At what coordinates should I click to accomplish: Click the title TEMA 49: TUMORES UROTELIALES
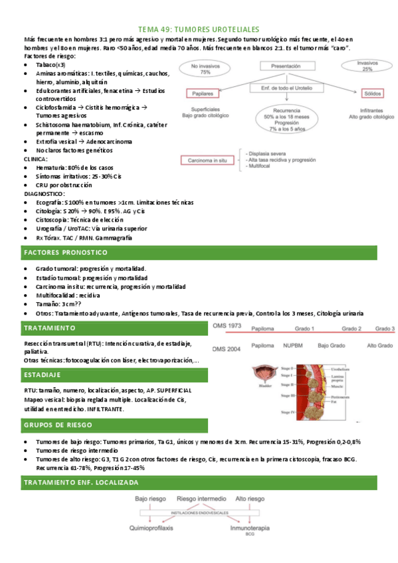199,29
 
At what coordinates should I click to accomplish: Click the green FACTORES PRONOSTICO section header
65,253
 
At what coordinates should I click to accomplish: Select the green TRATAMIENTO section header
50,328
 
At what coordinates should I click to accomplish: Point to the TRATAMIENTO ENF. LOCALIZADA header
81,481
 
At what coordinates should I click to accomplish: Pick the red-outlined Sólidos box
369,94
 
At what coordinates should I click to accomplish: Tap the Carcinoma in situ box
209,160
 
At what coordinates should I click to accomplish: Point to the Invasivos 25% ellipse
367,65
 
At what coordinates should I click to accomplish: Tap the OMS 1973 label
226,326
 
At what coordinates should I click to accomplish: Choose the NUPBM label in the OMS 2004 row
292,345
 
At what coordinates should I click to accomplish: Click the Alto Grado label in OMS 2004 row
381,345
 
